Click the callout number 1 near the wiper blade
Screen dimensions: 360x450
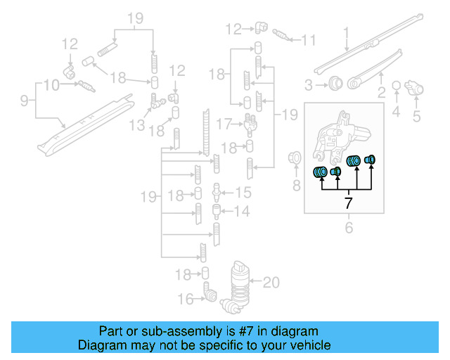[x=346, y=32]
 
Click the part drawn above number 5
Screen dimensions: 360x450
[x=416, y=89]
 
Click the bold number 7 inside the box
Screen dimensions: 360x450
[x=347, y=204]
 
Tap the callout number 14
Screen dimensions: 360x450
[x=242, y=211]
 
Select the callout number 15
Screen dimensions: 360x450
[x=242, y=192]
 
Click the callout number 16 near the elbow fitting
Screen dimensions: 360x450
[x=185, y=300]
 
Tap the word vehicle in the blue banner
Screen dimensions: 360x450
[x=309, y=345]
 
